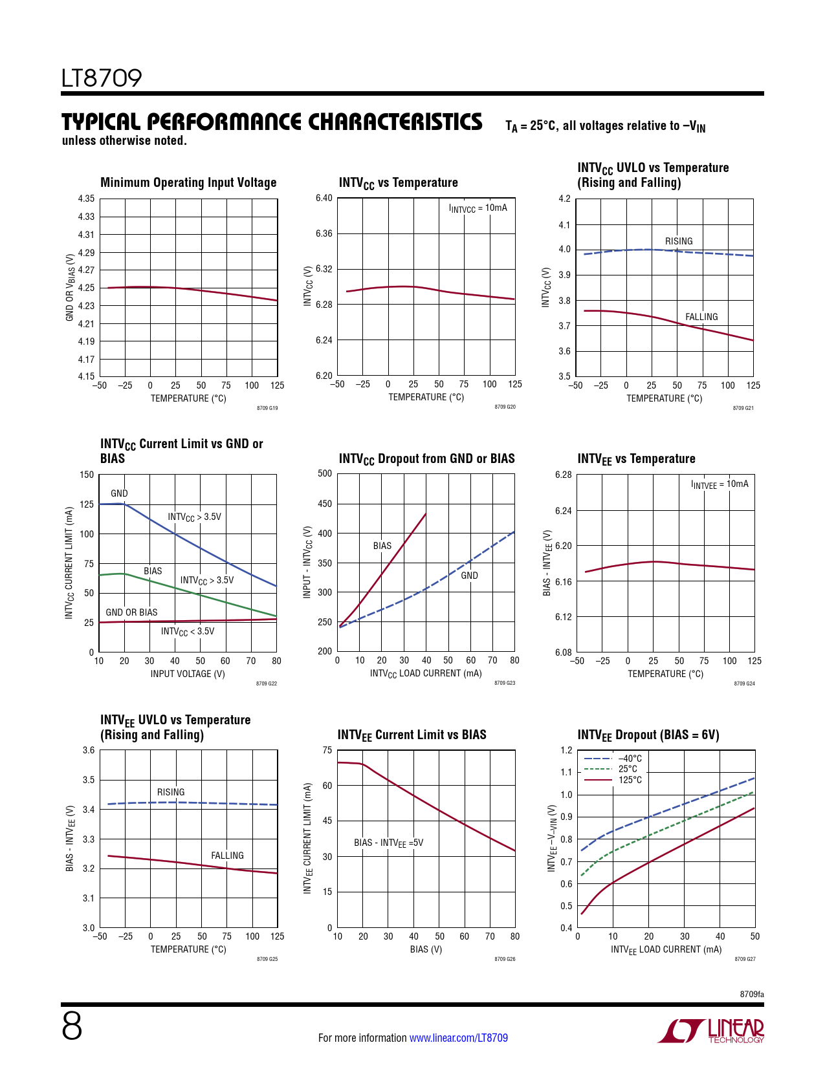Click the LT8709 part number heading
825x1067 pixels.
[102, 78]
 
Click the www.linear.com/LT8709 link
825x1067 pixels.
[458, 1038]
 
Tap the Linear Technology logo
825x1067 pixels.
[711, 1031]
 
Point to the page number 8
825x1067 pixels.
[72, 1027]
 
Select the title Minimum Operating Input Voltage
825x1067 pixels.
[188, 183]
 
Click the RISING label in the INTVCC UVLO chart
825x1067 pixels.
[679, 241]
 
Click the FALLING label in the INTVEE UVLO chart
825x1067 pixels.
[227, 856]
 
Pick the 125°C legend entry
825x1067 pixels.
[630, 780]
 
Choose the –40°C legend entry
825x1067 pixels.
[630, 759]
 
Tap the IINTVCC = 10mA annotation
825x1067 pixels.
[478, 208]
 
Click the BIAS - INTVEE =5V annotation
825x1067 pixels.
[388, 843]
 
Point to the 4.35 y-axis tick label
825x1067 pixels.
[86, 199]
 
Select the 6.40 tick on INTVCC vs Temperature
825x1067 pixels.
[324, 198]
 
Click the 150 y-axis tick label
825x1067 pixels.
[87, 475]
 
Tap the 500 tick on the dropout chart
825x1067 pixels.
[325, 473]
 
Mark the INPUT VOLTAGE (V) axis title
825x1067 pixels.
[188, 674]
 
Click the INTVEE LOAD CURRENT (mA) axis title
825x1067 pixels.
[666, 949]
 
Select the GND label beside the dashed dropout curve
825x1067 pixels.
[469, 576]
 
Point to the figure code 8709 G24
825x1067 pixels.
[744, 684]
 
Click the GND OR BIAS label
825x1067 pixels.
[131, 612]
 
